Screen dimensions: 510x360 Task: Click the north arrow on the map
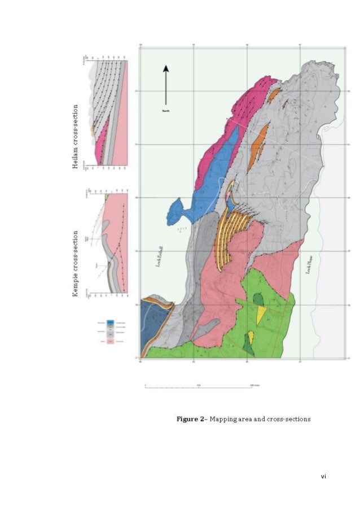(166, 85)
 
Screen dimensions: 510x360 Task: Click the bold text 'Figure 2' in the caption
(191, 419)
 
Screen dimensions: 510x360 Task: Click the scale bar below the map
(197, 386)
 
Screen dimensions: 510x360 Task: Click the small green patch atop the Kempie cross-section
(107, 196)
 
